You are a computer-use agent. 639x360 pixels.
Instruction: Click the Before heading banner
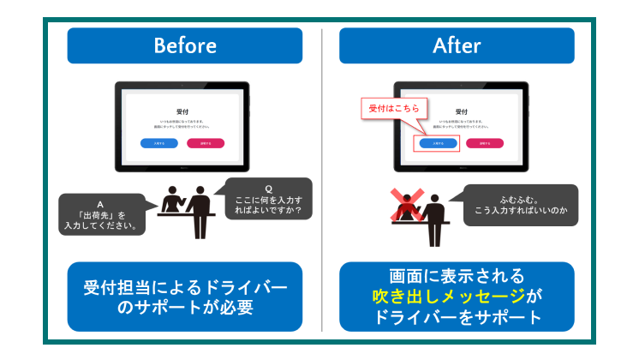tap(184, 45)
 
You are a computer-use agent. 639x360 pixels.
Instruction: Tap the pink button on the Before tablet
tap(206, 143)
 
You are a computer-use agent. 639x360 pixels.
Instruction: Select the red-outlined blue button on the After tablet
tap(436, 143)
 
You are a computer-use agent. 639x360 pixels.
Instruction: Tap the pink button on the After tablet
tap(485, 143)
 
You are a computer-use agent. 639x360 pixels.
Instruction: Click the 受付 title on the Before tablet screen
tap(182, 111)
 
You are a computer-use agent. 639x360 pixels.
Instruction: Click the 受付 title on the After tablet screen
tap(462, 111)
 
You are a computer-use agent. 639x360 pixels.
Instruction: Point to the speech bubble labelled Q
tap(268, 200)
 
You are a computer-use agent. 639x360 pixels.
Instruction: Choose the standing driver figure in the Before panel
tap(200, 210)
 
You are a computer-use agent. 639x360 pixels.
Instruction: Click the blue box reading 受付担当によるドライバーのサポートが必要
tap(184, 296)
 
